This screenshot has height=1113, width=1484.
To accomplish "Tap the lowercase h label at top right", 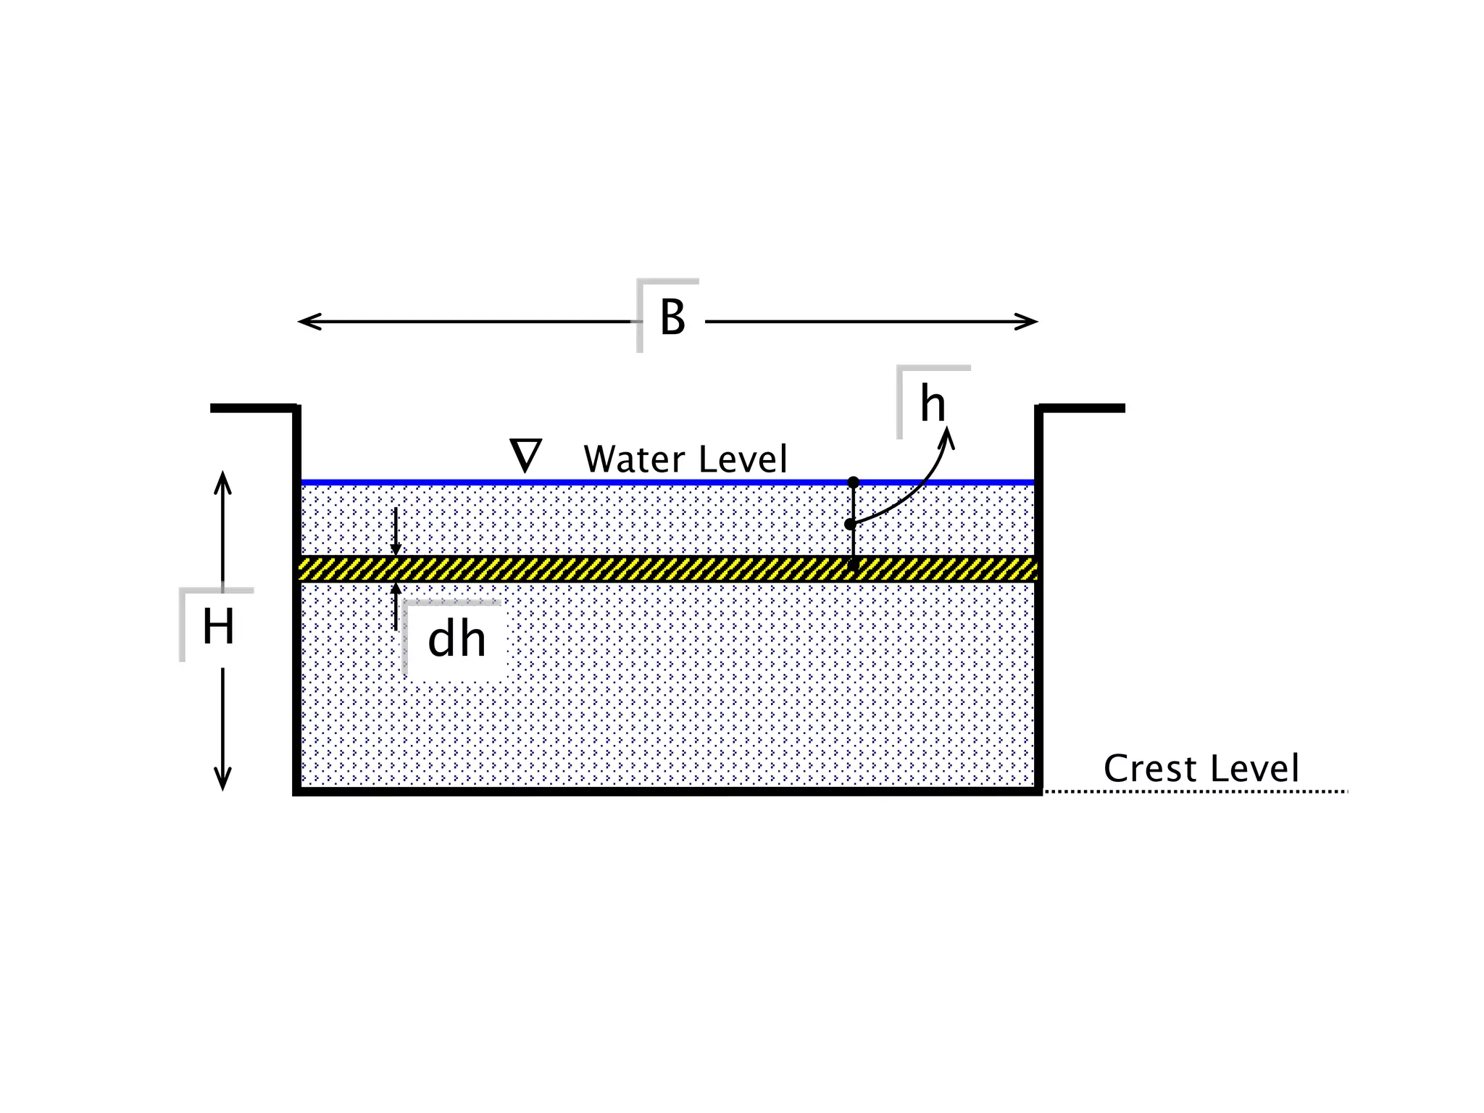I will (x=933, y=404).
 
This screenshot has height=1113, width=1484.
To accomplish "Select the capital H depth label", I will (x=218, y=627).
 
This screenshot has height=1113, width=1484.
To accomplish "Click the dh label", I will (x=457, y=640).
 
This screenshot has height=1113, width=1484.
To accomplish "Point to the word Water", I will (x=634, y=459).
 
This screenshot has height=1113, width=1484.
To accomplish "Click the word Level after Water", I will (x=743, y=459).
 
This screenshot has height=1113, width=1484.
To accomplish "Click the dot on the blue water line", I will (x=854, y=482).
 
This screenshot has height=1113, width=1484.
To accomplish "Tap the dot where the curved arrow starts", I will (x=850, y=524).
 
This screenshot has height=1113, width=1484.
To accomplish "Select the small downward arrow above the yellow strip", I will (x=396, y=540).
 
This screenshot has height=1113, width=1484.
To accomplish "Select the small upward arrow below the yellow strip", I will (x=396, y=598).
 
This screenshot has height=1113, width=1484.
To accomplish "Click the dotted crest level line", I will (x=1196, y=791).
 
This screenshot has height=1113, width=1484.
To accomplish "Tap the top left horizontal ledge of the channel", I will (x=253, y=409).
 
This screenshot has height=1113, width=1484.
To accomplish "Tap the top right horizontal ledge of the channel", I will (x=1083, y=409).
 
